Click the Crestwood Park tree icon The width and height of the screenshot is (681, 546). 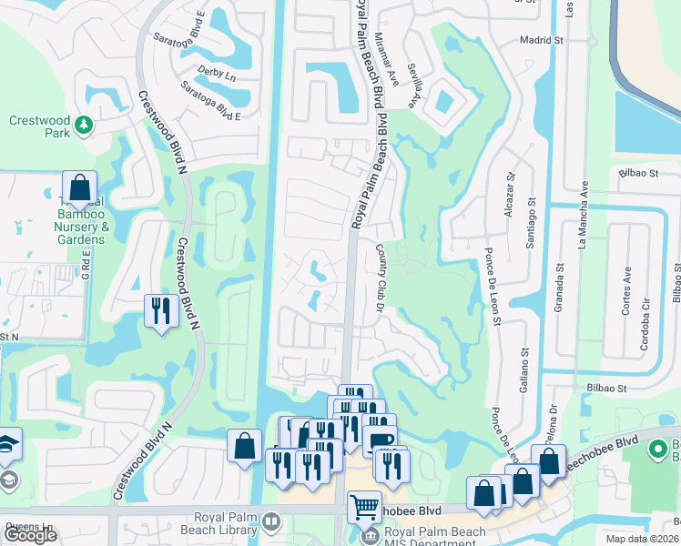[x=84, y=124]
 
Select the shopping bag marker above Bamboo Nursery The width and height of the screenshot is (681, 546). [x=79, y=188]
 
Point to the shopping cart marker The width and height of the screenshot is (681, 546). [x=364, y=506]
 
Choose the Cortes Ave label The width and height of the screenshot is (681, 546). [x=626, y=289]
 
